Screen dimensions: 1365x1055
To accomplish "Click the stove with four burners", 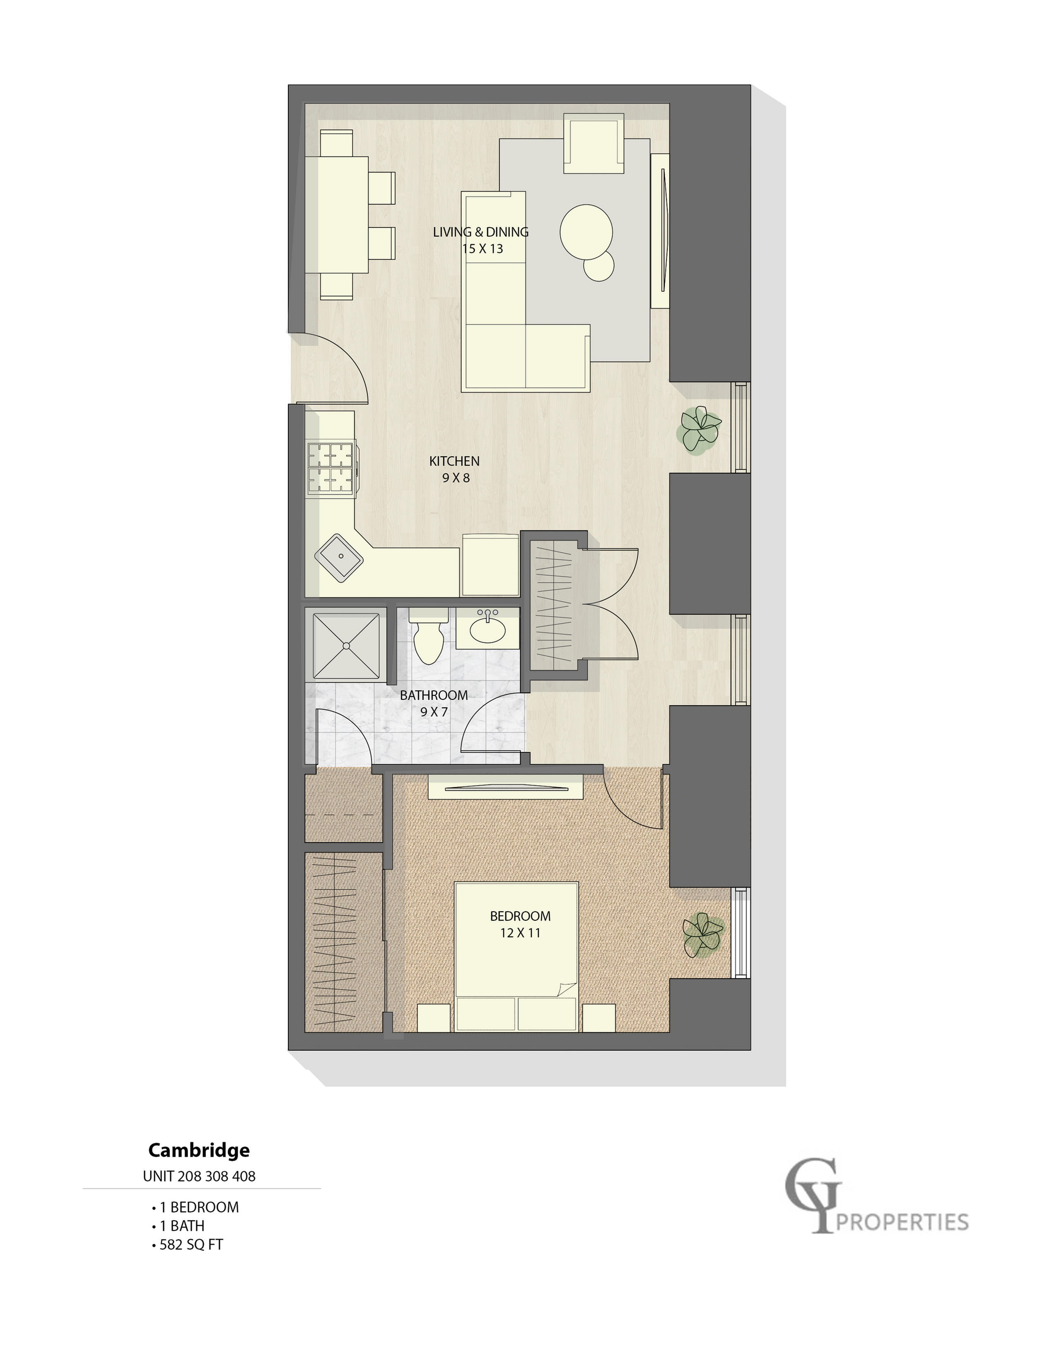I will point(332,467).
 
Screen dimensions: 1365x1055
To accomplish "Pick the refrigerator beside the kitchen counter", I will point(490,564).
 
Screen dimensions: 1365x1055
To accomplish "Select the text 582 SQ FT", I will point(191,1244).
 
